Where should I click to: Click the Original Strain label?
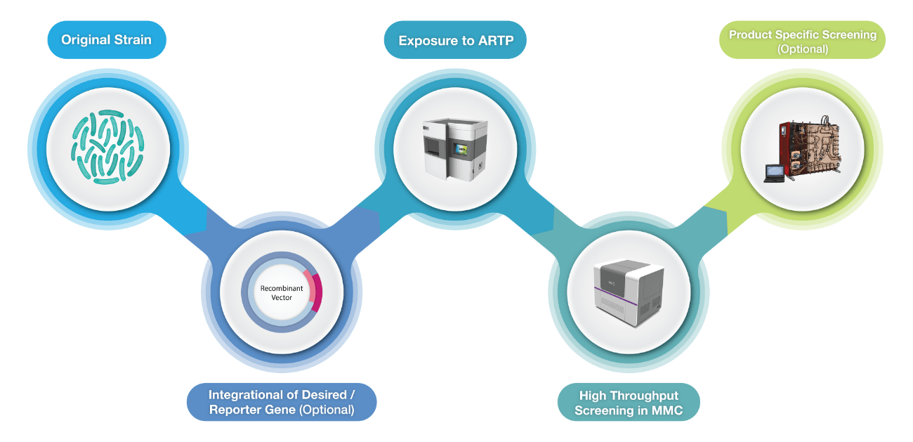pyautogui.click(x=106, y=39)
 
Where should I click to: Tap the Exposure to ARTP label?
pyautogui.click(x=456, y=41)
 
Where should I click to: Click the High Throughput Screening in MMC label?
pyautogui.click(x=628, y=403)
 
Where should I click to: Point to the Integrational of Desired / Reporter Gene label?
pyautogui.click(x=281, y=402)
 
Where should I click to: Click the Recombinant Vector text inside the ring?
pyautogui.click(x=282, y=292)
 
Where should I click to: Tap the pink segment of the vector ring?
pyautogui.click(x=317, y=292)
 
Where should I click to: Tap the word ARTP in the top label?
pyautogui.click(x=496, y=41)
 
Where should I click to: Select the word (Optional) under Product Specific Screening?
pyautogui.click(x=802, y=49)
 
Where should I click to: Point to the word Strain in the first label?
pyautogui.click(x=133, y=39)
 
